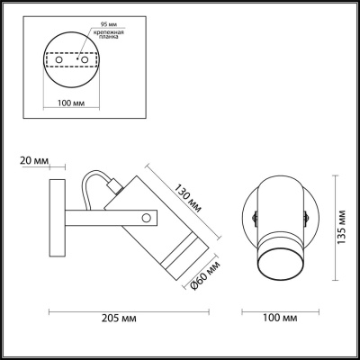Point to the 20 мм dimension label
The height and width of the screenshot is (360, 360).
point(30,161)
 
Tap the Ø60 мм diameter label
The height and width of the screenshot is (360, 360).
point(205,276)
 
